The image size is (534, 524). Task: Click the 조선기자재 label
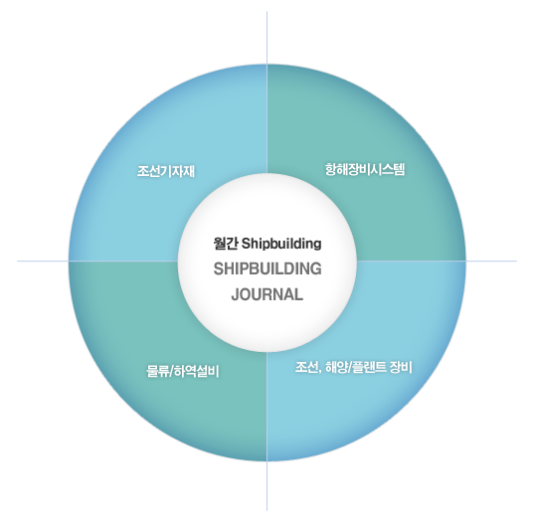[166, 171]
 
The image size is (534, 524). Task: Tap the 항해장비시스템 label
[365, 169]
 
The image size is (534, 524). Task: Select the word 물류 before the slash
[157, 371]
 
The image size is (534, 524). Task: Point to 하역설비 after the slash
[197, 371]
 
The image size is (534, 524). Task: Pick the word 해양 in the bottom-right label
[336, 367]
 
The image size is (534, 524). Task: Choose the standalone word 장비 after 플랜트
[401, 367]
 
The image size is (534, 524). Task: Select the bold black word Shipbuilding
[281, 245]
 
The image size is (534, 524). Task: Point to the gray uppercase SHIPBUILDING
[267, 269]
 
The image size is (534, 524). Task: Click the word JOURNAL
[267, 294]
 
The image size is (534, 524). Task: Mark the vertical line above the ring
[267, 38]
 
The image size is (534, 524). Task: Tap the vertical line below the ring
[267, 486]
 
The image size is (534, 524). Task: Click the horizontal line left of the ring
[43, 262]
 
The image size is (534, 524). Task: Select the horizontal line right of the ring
[491, 262]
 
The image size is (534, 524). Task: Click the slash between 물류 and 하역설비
[171, 372]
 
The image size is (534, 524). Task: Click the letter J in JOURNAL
[236, 295]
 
